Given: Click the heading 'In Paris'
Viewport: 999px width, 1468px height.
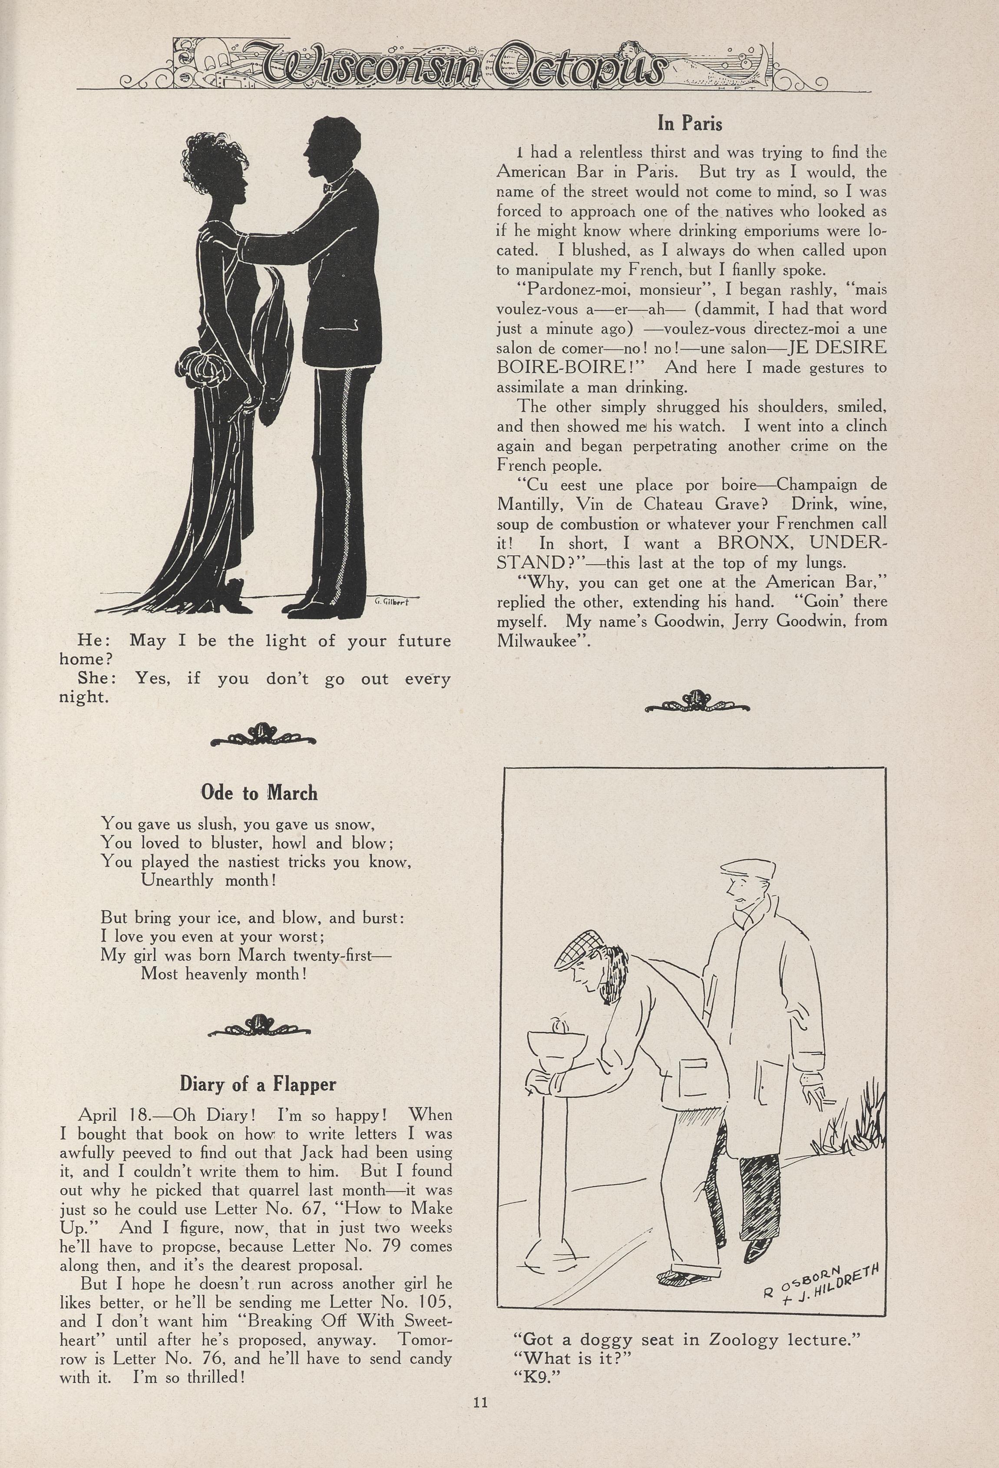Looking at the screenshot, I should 690,123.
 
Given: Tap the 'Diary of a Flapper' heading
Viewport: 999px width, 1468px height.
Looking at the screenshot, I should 258,1084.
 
